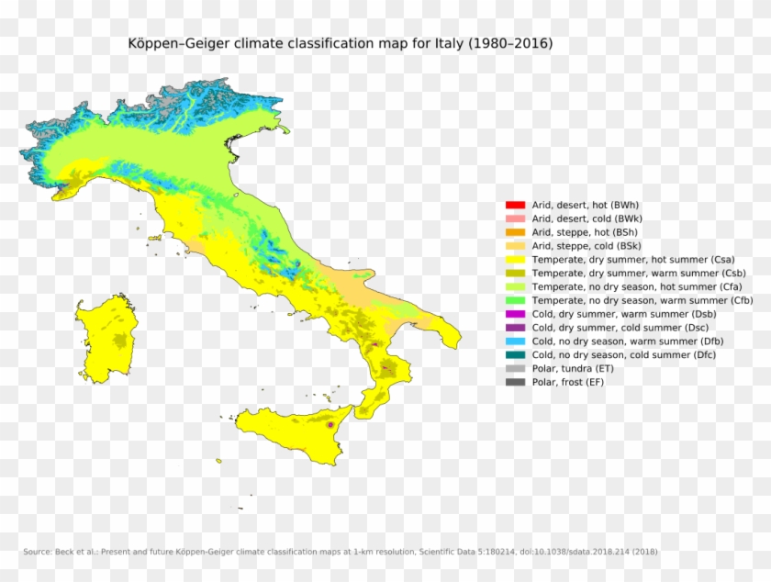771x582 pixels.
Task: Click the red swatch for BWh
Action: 515,205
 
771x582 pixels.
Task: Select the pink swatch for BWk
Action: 515,218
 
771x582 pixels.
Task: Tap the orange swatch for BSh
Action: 515,232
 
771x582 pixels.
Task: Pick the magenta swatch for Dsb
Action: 515,314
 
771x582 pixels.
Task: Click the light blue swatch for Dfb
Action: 515,341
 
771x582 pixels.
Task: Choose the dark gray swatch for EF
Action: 515,382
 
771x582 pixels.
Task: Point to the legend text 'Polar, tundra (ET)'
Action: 574,368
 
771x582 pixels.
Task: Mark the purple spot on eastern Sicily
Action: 330,425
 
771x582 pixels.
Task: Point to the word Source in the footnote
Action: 36,552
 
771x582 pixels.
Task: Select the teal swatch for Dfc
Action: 515,354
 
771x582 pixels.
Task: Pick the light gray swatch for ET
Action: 515,368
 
